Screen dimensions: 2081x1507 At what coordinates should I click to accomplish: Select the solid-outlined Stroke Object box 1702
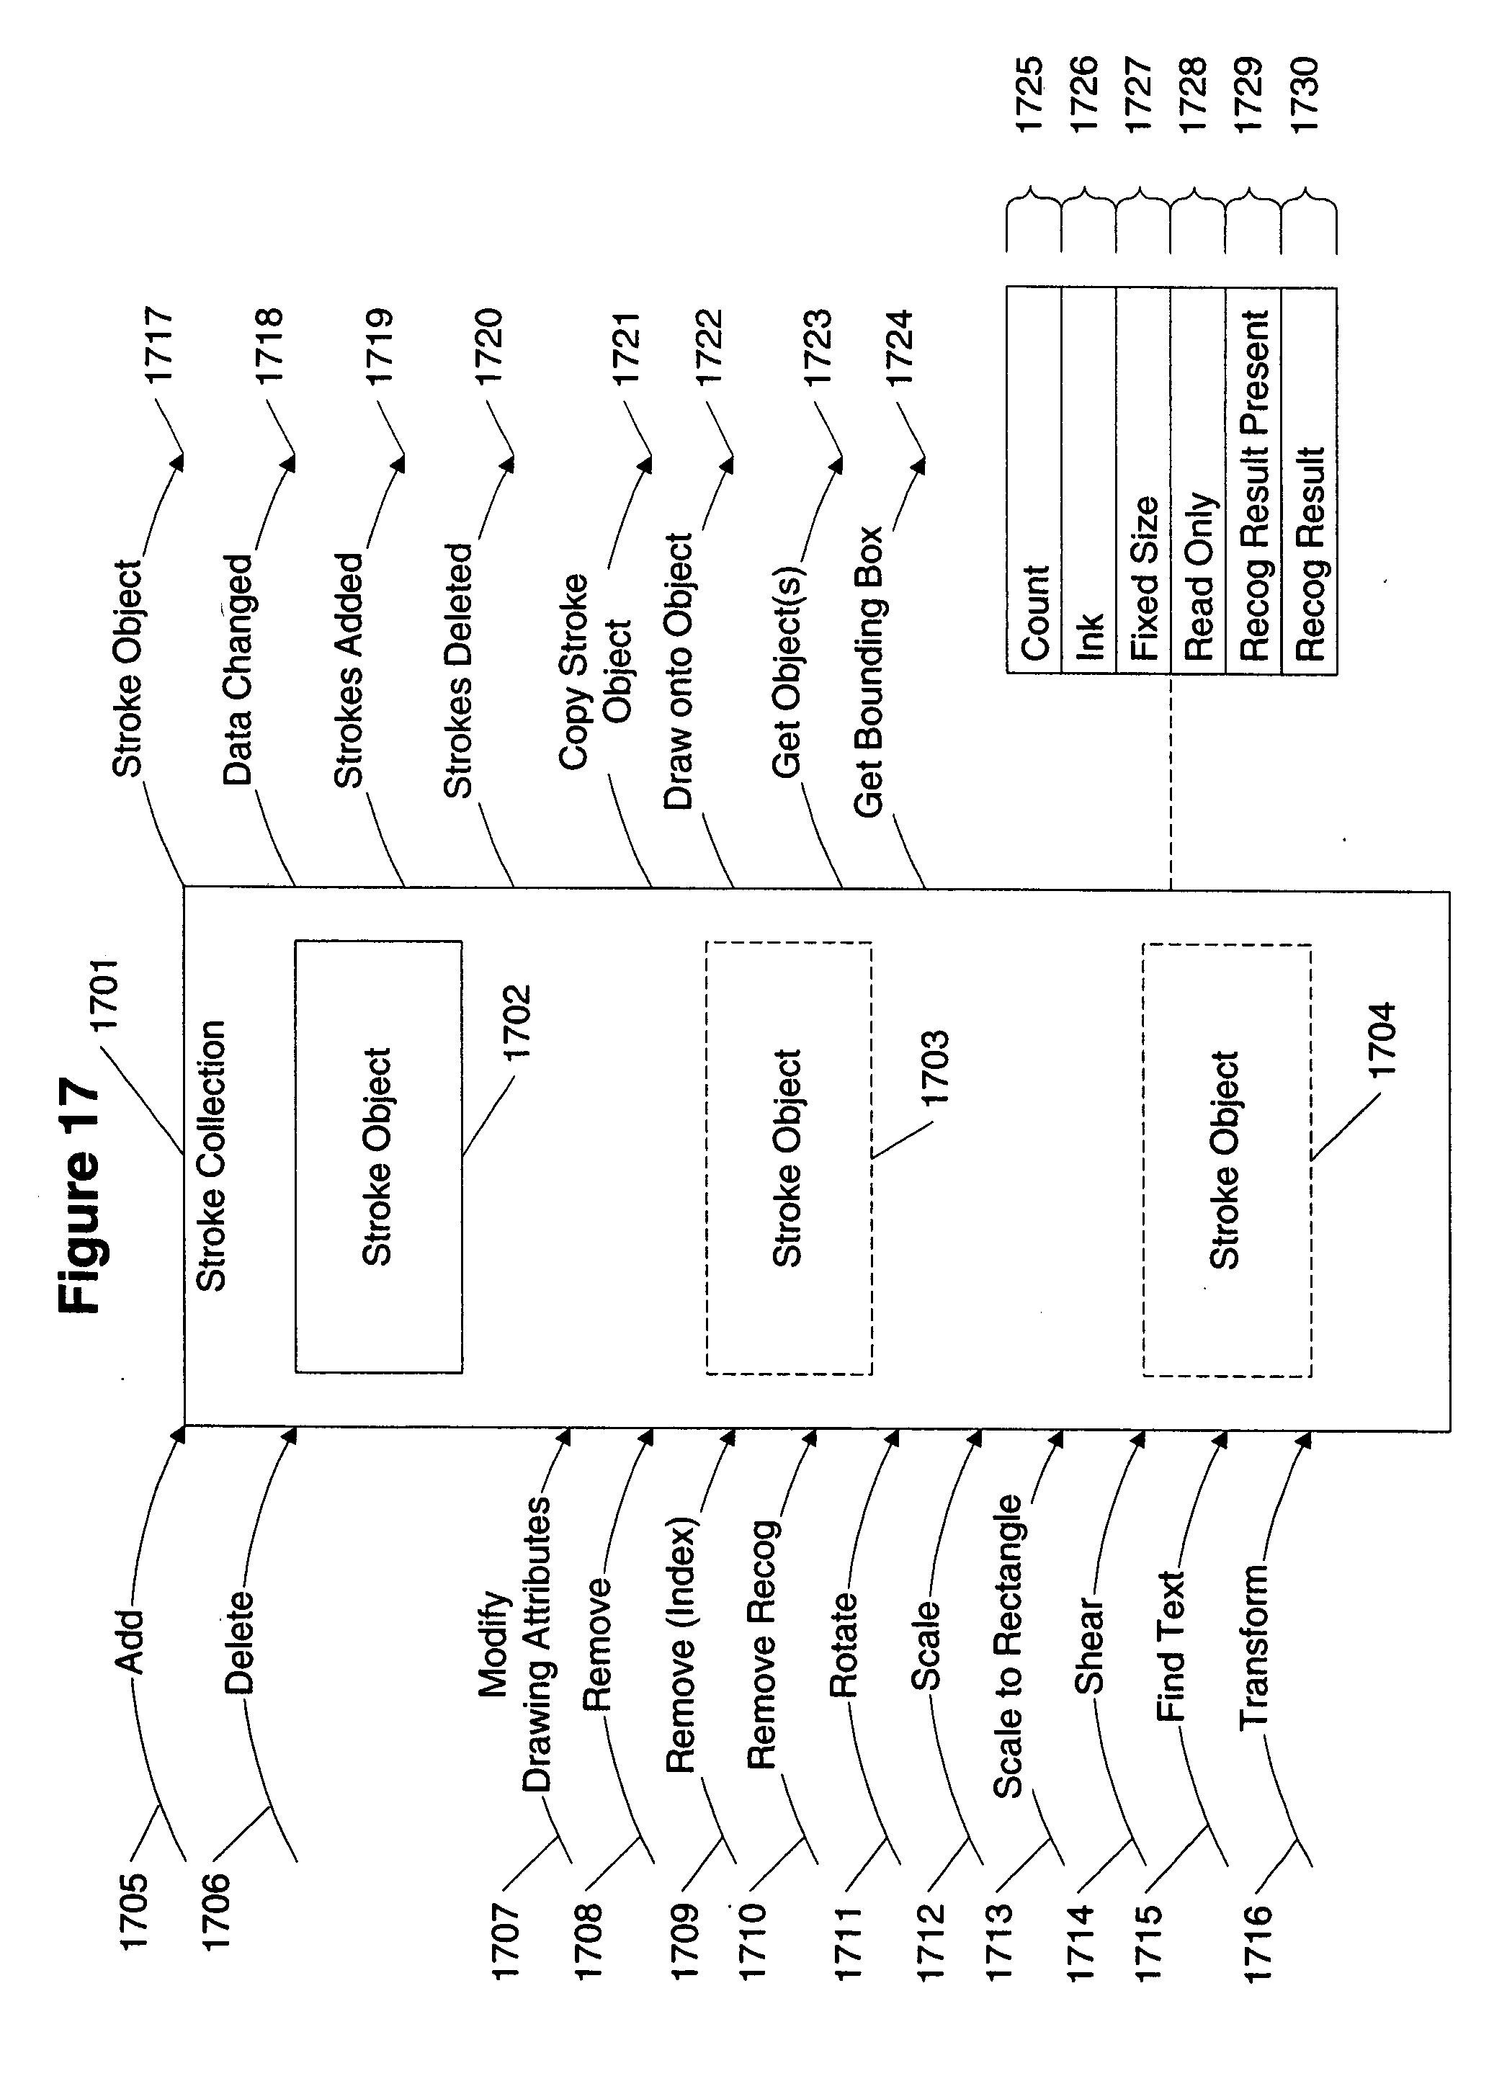point(378,1156)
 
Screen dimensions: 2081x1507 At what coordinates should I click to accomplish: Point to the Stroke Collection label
point(212,1155)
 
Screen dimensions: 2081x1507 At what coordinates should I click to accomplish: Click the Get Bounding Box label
point(868,671)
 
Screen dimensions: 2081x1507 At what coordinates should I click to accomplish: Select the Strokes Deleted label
point(458,669)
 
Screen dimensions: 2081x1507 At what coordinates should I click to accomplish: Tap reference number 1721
point(626,349)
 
